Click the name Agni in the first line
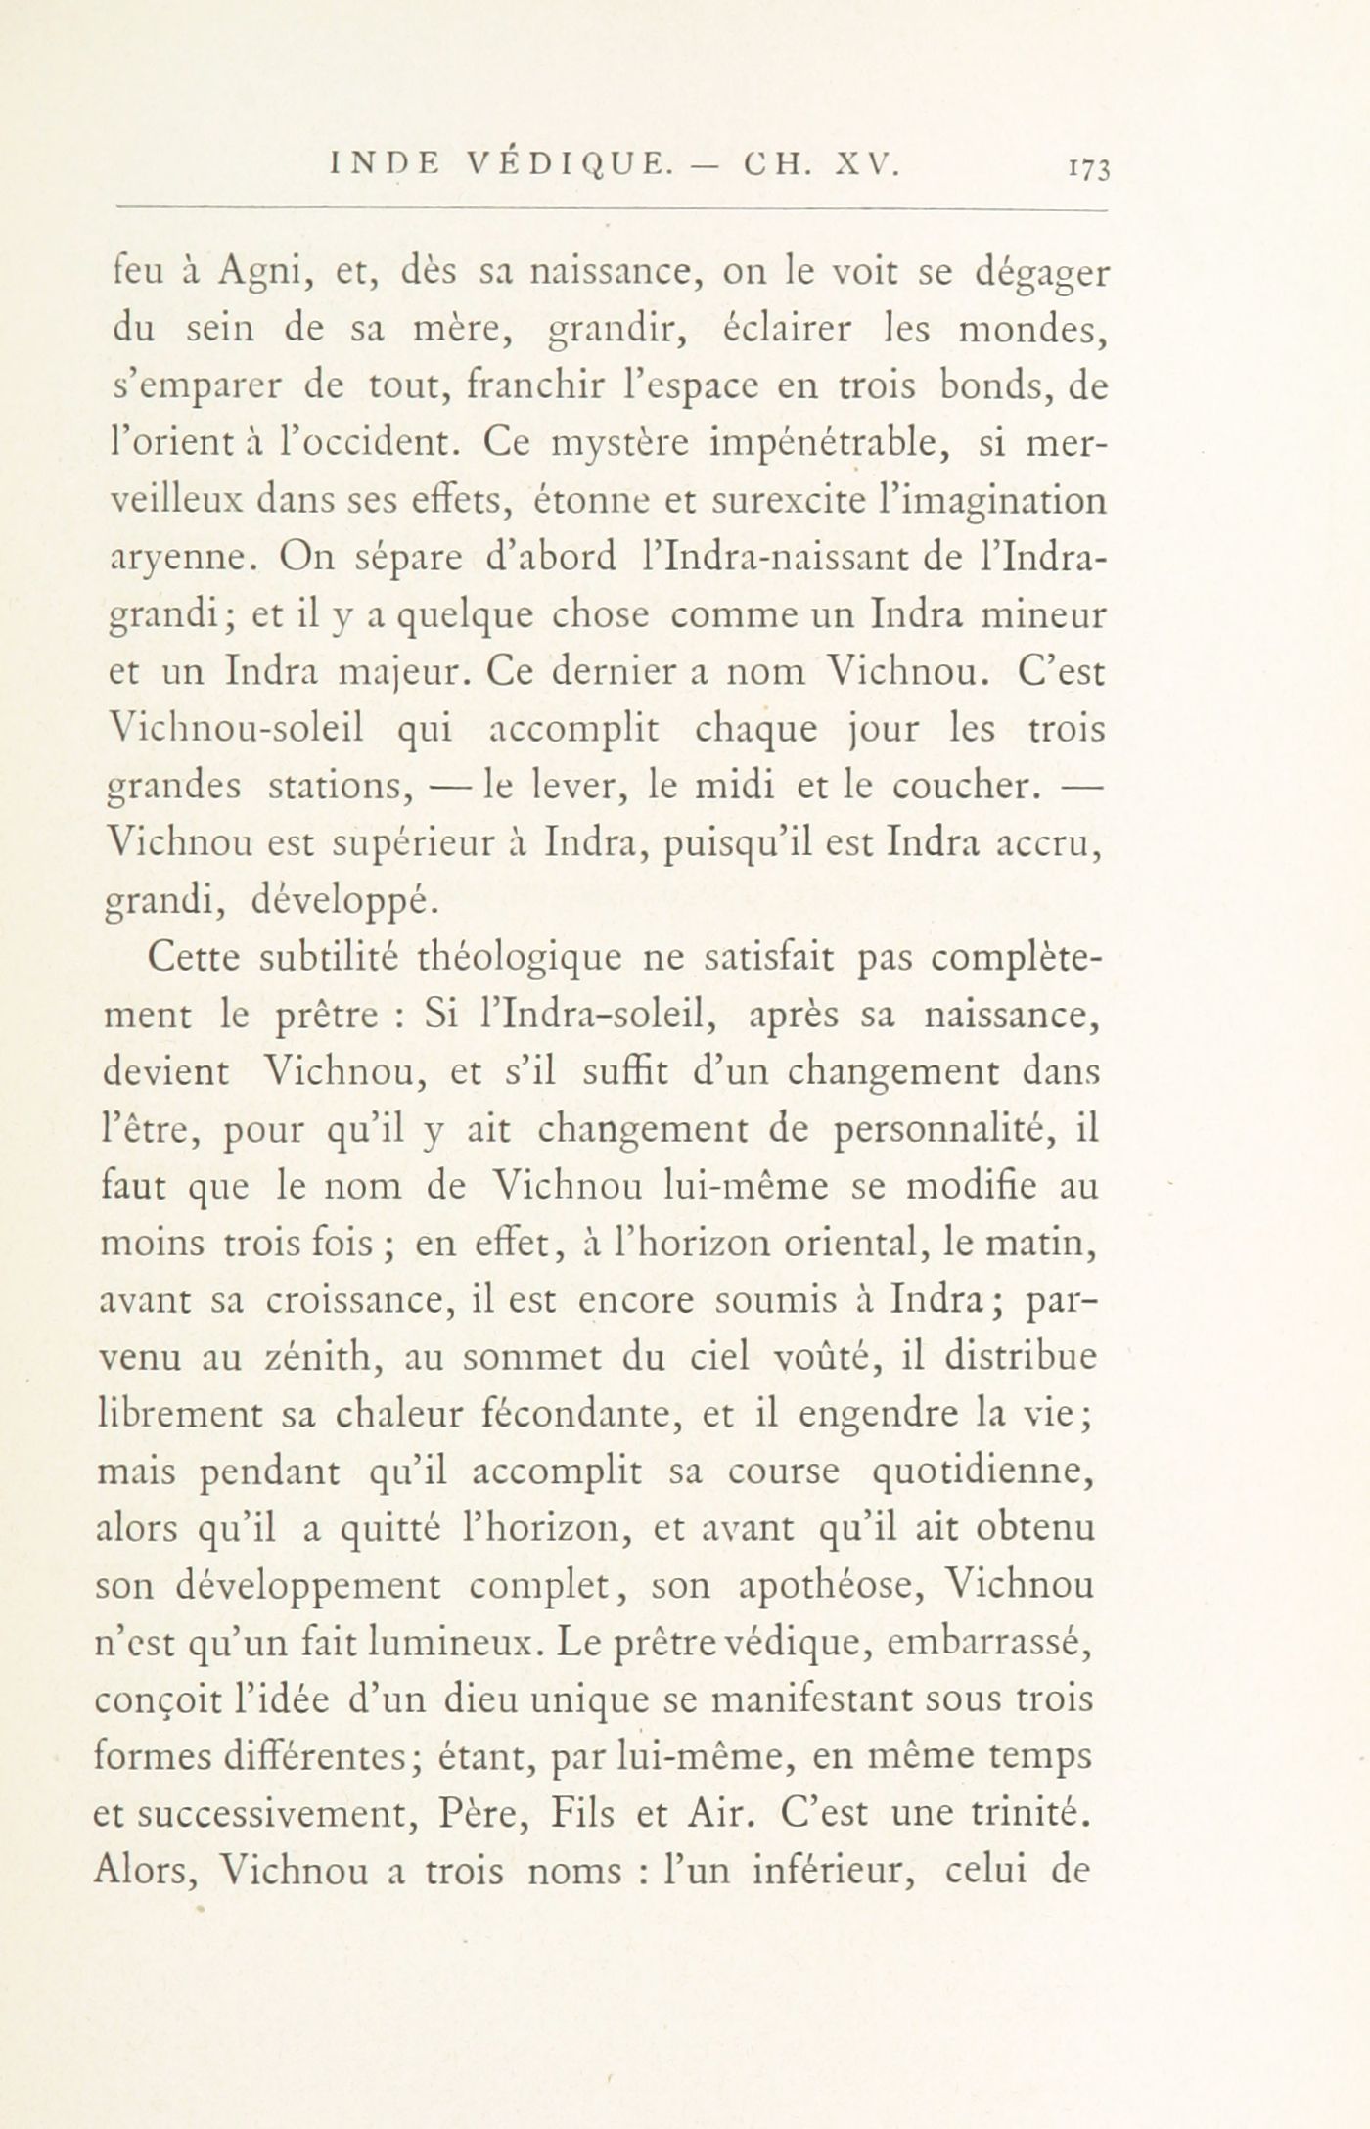pyautogui.click(x=258, y=275)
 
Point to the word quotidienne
pyautogui.click(x=982, y=1472)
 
